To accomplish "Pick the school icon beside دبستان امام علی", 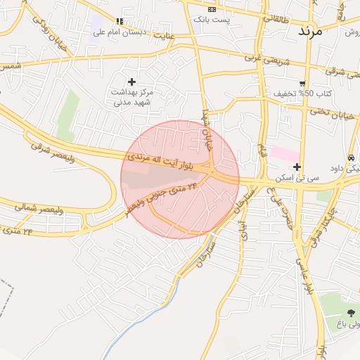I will [x=119, y=21].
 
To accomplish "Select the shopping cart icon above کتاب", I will [x=302, y=83].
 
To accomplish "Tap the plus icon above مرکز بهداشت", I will [x=131, y=82].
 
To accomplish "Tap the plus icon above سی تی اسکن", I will [x=297, y=167].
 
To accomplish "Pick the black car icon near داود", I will [x=351, y=157].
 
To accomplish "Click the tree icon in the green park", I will [x=351, y=313].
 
